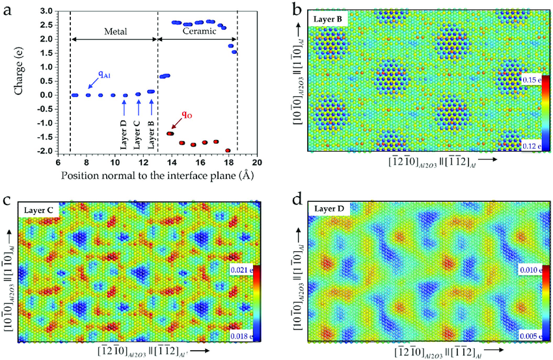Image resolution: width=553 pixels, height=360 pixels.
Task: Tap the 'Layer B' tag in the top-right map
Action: tap(328, 19)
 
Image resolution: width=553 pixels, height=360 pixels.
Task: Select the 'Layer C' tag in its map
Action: tap(39, 211)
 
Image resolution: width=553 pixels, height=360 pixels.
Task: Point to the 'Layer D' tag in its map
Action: tap(329, 209)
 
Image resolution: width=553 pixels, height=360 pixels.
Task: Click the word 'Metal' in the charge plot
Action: tap(115, 32)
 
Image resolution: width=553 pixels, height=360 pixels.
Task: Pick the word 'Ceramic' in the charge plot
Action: tap(199, 31)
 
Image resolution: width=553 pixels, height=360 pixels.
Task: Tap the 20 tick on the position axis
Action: tap(257, 162)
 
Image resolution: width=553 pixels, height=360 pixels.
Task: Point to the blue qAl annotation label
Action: tap(104, 74)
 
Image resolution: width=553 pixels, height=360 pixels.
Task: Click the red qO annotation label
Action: tap(187, 115)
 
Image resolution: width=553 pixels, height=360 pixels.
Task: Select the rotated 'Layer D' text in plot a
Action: tap(124, 135)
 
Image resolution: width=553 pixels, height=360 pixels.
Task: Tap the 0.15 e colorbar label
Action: tap(532, 80)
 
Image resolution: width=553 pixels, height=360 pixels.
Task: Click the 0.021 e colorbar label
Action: tap(241, 270)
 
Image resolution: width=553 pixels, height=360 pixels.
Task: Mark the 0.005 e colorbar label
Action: tap(531, 336)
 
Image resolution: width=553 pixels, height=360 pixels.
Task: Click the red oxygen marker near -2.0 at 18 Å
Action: tap(228, 151)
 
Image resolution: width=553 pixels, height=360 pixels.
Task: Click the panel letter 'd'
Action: tap(298, 200)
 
